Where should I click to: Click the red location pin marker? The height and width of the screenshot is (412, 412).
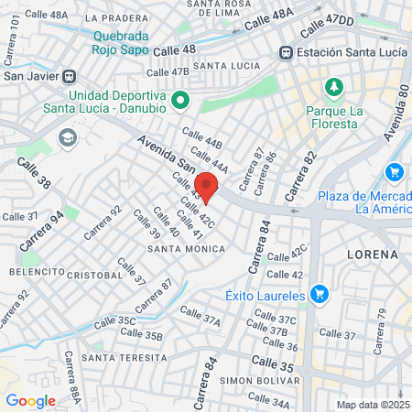[x=207, y=186]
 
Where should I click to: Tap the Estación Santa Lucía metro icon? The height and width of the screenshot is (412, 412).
[x=287, y=52]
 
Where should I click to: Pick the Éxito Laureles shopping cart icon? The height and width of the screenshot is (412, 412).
[x=319, y=294]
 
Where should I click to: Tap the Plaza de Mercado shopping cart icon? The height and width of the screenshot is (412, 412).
[x=395, y=171]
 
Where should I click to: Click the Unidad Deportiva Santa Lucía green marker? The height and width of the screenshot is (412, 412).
[x=180, y=100]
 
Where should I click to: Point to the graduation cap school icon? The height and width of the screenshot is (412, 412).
[x=66, y=137]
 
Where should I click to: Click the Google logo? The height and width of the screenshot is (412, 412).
[x=30, y=400]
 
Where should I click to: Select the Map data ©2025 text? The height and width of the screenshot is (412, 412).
[x=372, y=405]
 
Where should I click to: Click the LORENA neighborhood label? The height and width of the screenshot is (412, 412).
[x=373, y=253]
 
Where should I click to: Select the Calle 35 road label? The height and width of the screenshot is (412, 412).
[x=273, y=366]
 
